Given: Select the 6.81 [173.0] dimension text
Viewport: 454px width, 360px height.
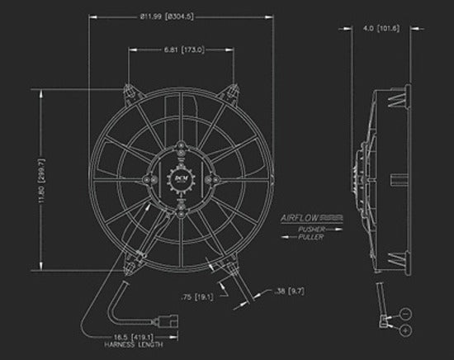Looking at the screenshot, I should [182, 50].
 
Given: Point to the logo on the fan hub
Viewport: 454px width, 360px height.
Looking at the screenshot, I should [181, 175].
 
